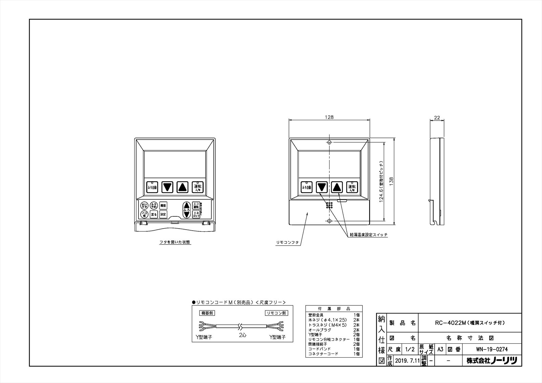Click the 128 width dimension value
coord(329,117)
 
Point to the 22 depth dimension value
coord(437,118)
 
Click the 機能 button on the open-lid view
coord(163,206)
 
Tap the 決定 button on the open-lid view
coord(163,214)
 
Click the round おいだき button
coord(144,206)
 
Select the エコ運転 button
coord(196,206)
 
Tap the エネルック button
coord(196,214)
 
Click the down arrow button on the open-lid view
coord(167,187)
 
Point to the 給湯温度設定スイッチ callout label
coord(369,234)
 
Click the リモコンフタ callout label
coord(287,242)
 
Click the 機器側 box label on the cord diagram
coord(206,313)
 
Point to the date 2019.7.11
coord(408,361)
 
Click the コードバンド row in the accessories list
coord(319,349)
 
